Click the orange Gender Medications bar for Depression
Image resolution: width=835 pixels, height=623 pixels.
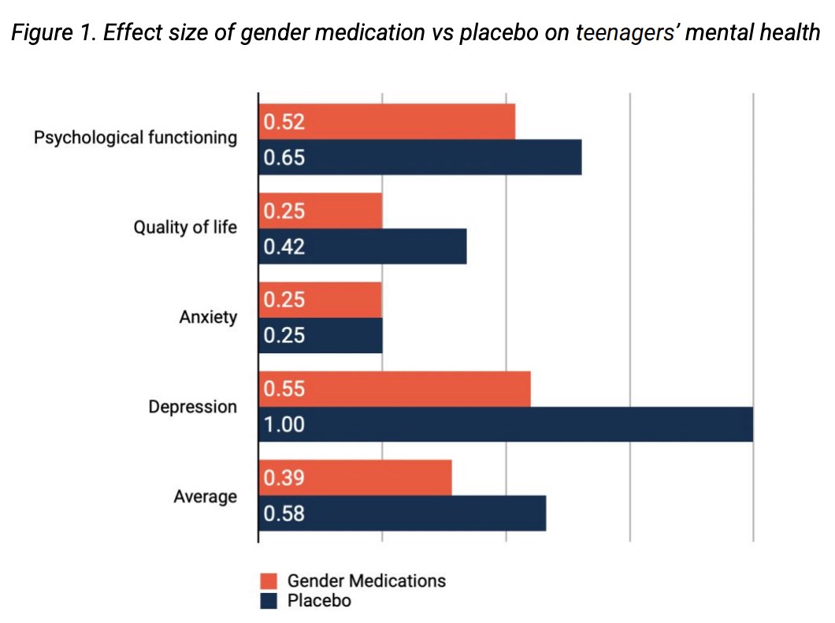395,389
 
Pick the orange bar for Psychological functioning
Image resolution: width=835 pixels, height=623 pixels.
387,121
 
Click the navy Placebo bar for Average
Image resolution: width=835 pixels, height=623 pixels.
402,514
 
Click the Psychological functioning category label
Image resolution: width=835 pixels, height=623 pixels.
135,138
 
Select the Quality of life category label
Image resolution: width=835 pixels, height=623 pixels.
184,228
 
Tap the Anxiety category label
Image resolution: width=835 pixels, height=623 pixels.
208,318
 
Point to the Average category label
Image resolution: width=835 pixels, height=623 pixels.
205,497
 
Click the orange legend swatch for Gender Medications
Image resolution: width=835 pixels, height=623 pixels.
269,581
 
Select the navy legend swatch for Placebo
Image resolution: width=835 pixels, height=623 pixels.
269,601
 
